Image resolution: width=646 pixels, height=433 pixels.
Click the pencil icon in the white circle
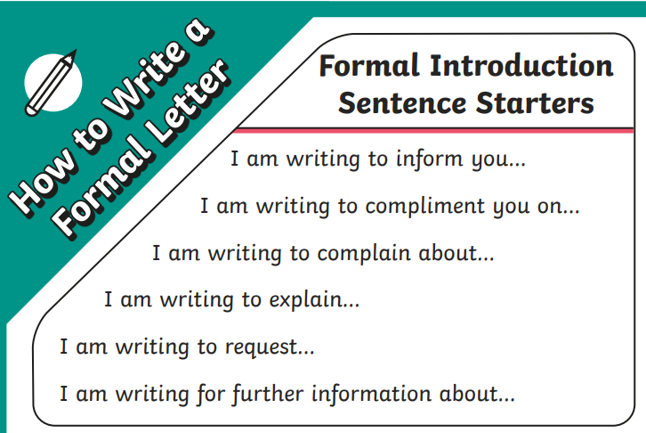point(51,83)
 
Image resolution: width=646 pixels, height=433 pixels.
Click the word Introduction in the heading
point(522,66)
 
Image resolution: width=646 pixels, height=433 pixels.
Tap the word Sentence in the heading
point(402,102)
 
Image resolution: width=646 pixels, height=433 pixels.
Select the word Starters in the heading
point(535,102)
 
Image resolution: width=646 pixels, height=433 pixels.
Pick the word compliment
point(425,207)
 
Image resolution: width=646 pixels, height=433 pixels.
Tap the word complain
point(364,253)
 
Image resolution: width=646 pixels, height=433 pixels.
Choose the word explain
point(306,299)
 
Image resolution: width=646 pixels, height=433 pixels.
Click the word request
point(262,347)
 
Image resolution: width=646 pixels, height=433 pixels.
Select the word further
point(268,394)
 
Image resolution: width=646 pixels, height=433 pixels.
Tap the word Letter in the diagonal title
point(185,103)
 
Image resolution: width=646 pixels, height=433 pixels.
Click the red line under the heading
point(433,131)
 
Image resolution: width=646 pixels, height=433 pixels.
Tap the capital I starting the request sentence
point(63,347)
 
